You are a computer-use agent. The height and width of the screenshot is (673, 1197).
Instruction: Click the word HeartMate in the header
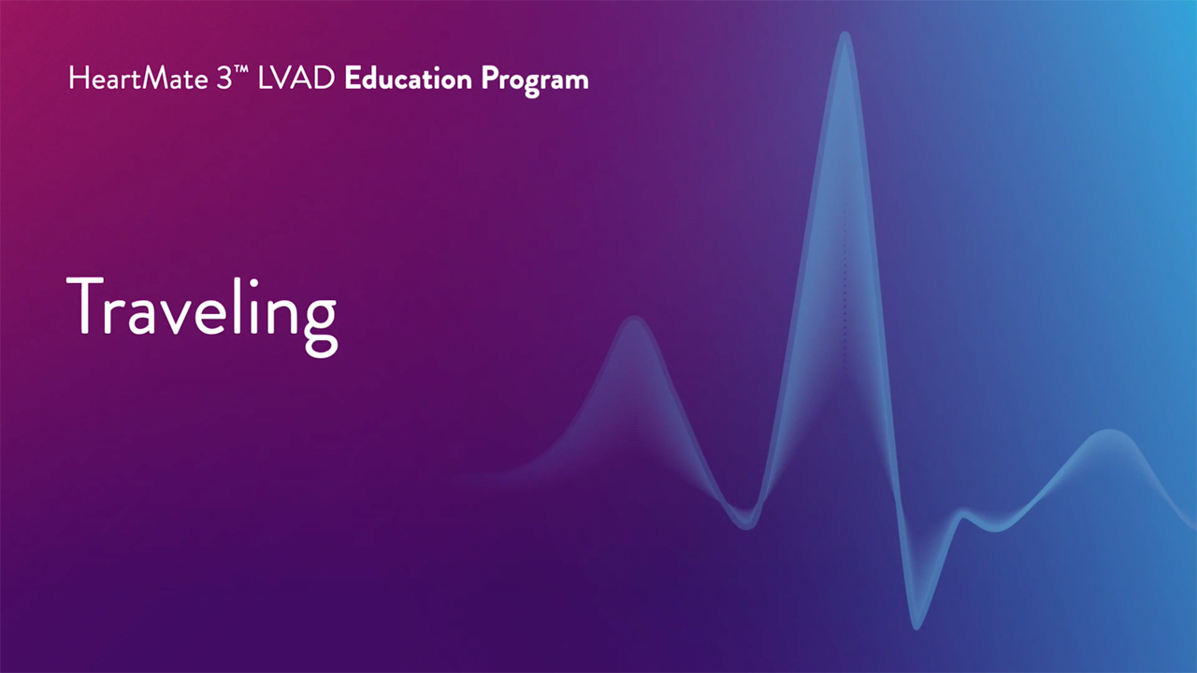coord(137,79)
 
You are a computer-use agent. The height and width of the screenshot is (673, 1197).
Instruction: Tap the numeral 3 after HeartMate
coord(224,79)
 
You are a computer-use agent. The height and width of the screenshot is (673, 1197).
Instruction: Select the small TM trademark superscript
coord(241,68)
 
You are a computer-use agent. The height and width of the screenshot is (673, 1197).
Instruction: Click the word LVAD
coord(296,79)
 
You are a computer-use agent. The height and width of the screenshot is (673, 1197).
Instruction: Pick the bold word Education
coord(409,79)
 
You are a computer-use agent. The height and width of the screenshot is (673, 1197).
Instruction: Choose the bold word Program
coord(535,81)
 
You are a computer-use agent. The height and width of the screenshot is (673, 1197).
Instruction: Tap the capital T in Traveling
coord(84,305)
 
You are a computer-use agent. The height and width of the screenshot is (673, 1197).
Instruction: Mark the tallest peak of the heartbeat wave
coord(844,36)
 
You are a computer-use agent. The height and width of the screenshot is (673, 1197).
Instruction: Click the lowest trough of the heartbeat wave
coord(916,625)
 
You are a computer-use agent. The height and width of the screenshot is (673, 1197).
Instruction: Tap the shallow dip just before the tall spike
coord(746,524)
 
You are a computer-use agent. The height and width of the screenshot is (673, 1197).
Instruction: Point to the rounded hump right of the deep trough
coord(1109,433)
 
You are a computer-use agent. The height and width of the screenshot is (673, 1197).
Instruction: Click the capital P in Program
coord(491,79)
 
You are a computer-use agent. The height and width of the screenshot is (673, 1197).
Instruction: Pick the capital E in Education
coord(353,79)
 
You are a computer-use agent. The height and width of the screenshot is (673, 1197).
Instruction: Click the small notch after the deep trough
coord(963,514)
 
